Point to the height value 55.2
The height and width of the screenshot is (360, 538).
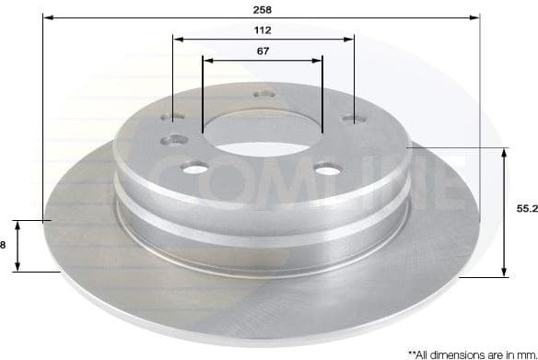[526, 210]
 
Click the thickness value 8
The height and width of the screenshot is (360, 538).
[4, 244]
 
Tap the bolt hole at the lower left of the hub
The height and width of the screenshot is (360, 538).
[196, 168]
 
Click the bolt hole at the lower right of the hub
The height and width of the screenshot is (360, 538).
[327, 169]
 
